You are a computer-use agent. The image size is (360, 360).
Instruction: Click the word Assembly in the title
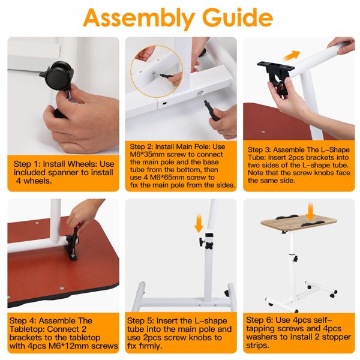(139, 19)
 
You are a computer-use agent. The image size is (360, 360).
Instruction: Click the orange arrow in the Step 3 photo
(292, 56)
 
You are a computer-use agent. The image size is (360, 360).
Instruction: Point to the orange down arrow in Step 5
(199, 223)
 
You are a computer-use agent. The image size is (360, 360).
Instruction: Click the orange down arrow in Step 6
(311, 212)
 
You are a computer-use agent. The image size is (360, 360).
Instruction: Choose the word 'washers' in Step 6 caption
(264, 337)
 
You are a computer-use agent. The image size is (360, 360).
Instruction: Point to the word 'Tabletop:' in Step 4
(27, 329)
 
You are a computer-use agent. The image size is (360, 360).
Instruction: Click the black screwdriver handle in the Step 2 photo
(211, 111)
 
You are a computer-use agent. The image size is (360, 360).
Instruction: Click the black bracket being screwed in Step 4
(73, 244)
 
